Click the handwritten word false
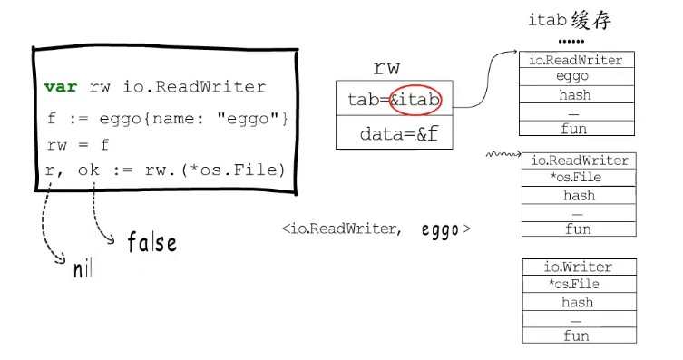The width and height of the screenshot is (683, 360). (x=151, y=242)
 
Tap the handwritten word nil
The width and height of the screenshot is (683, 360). (x=83, y=268)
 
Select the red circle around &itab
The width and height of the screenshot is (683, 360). (x=416, y=99)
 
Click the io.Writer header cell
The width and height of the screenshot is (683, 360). (x=578, y=267)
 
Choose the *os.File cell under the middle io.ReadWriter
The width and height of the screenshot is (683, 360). (x=575, y=178)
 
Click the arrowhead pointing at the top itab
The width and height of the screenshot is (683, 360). (x=512, y=54)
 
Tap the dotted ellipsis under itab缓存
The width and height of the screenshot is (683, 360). (x=571, y=41)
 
